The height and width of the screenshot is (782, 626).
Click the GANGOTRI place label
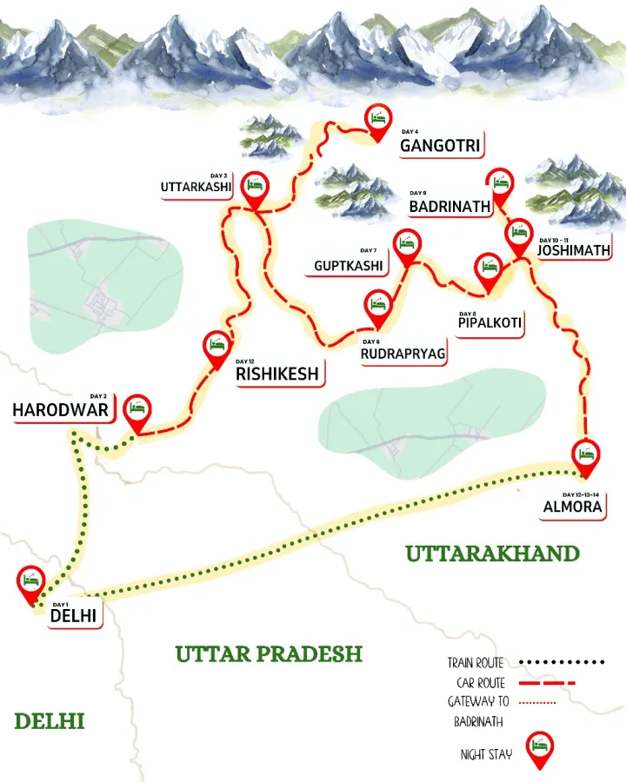440,145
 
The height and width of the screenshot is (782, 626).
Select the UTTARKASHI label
196,188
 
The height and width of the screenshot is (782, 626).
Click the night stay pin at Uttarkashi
255,189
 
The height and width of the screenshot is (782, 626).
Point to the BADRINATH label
450,207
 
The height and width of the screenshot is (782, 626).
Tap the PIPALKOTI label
489,323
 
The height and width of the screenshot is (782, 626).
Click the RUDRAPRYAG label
404,355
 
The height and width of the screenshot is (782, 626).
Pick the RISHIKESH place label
277,374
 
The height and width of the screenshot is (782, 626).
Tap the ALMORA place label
570,507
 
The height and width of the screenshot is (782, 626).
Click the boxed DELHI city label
74,616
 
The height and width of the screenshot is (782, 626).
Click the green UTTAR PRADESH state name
269,653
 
